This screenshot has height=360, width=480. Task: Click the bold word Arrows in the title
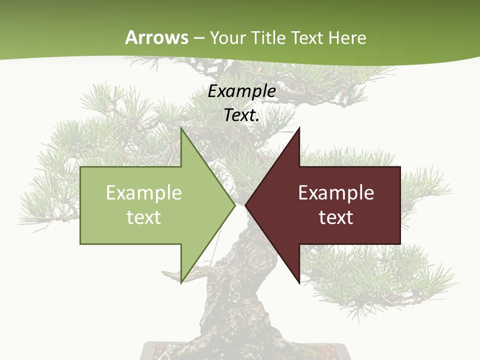(x=157, y=37)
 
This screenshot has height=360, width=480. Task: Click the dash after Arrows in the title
(x=198, y=38)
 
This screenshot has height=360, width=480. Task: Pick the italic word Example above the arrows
(x=242, y=91)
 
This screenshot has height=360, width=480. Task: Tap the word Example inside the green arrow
(x=144, y=193)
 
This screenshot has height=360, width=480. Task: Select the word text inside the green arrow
(x=144, y=217)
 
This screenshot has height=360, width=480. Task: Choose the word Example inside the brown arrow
(x=336, y=193)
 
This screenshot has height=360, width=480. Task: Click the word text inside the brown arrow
(x=336, y=217)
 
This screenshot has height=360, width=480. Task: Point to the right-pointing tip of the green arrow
(x=234, y=205)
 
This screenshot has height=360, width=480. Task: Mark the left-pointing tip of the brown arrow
(x=245, y=205)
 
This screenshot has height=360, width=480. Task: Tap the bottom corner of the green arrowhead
(x=181, y=282)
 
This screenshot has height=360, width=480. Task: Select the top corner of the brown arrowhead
(x=299, y=128)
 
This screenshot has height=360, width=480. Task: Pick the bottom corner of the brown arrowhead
(x=299, y=282)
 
